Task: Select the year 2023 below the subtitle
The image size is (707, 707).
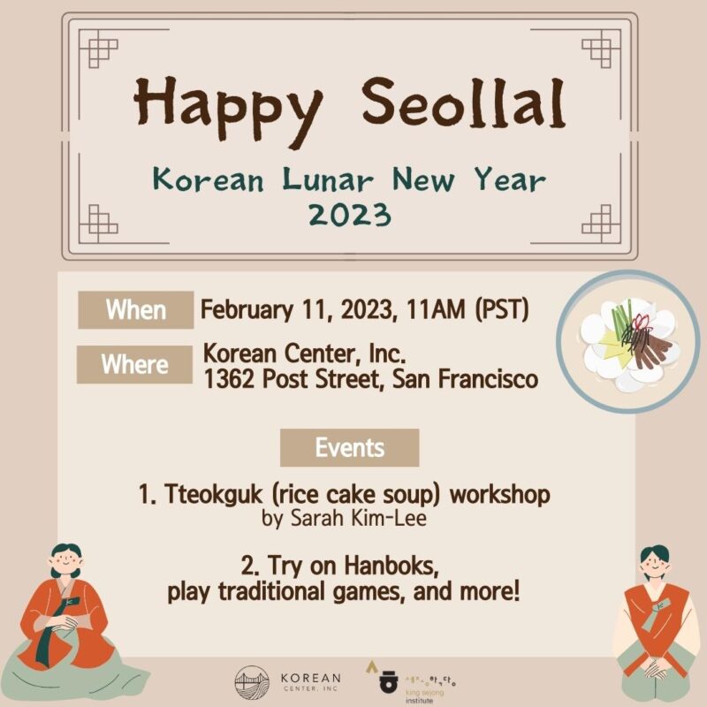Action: tap(348, 215)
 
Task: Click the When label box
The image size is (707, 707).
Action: tap(135, 310)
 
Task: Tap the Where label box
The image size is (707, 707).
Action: tap(134, 364)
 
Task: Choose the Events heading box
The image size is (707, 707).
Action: tap(349, 447)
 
